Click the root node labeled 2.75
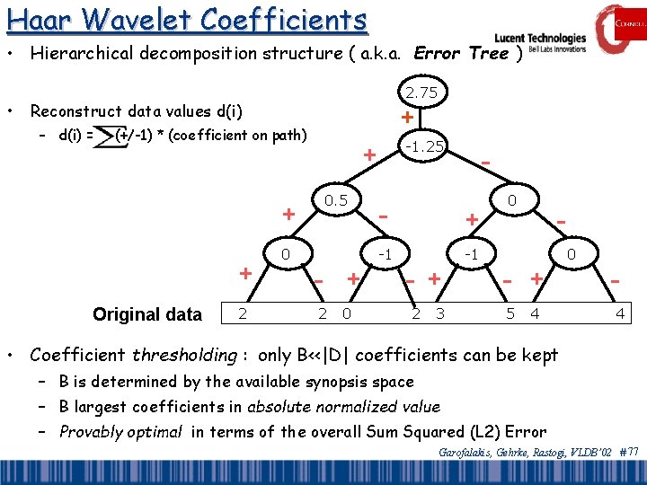point(421,93)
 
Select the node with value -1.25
point(422,145)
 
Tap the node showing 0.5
point(336,199)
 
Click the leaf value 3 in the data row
point(439,314)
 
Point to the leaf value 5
point(510,314)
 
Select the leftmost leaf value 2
point(241,313)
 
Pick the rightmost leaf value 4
point(619,314)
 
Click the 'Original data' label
point(147,314)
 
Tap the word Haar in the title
point(35,19)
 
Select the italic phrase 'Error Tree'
point(461,53)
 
